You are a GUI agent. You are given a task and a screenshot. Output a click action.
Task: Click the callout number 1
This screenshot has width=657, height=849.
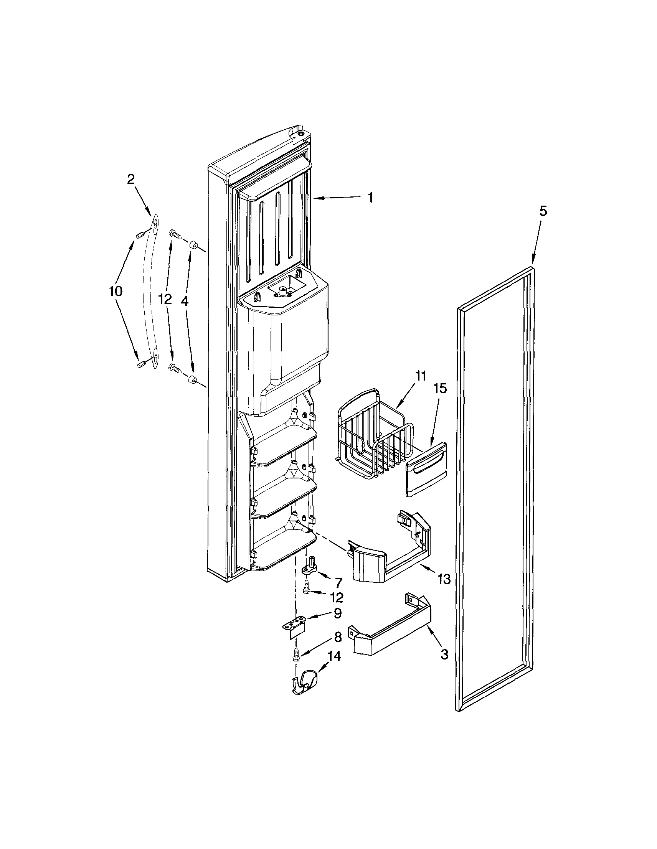coord(370,198)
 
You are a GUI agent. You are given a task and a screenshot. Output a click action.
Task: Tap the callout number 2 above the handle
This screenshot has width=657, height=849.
coord(131,179)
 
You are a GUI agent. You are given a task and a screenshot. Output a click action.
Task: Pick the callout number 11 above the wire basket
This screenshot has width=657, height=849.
coord(421,376)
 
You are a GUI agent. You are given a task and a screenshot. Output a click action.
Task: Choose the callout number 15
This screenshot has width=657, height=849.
coord(441,389)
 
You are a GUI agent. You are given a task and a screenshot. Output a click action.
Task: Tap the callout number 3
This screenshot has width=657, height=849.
coord(444,654)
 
